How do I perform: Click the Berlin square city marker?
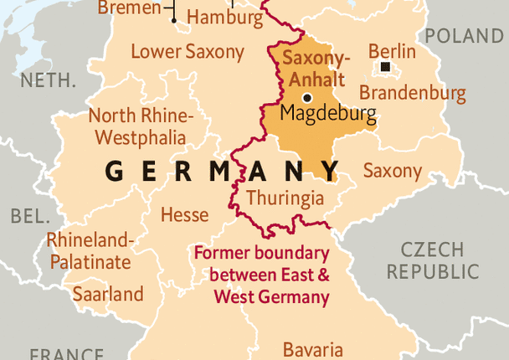385,67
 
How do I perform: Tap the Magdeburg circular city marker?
307,98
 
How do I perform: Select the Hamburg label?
224,17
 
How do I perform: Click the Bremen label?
130,8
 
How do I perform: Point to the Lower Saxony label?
188,52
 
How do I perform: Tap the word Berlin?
392,50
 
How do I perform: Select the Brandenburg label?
413,93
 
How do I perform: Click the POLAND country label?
465,36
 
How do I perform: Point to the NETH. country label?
49,80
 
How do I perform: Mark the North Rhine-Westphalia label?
141,126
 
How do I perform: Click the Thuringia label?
285,198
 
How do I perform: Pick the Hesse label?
184,214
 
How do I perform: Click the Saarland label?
107,295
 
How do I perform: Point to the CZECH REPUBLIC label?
432,260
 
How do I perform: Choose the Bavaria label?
312,349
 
